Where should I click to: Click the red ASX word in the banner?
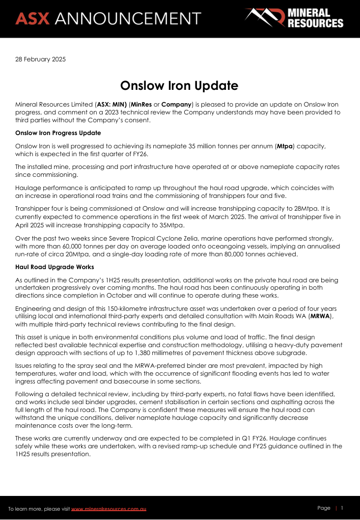[32, 18]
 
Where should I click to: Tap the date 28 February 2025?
[40, 59]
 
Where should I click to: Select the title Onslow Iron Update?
[179, 85]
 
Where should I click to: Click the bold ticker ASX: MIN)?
[112, 105]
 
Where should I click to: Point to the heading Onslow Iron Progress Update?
[58, 133]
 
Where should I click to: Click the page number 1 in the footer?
[342, 508]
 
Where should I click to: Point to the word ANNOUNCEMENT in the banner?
[128, 18]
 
